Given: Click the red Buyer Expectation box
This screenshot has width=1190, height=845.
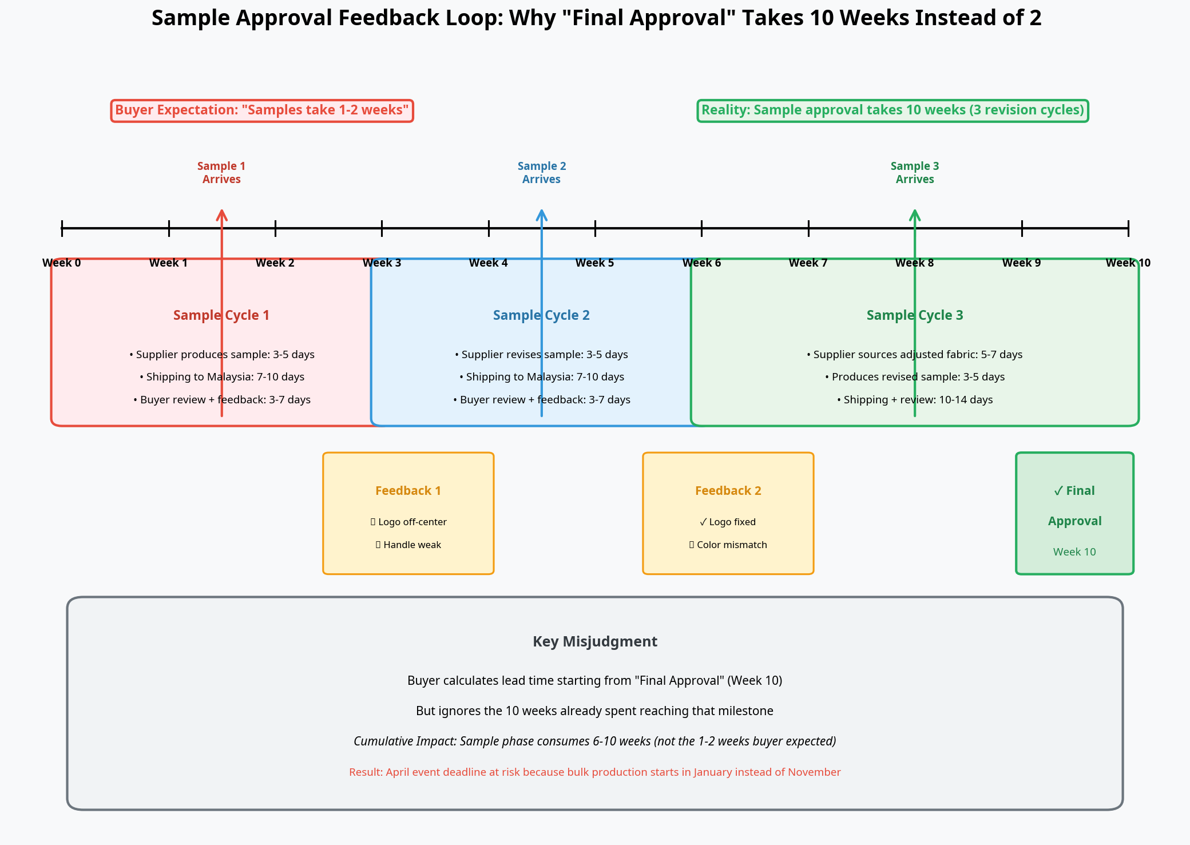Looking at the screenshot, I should [262, 110].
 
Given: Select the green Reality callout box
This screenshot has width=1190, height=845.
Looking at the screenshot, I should [892, 110].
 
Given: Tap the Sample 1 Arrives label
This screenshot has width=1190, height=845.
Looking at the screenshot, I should [221, 172].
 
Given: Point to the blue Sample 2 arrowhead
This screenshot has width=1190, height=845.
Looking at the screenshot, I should [542, 215].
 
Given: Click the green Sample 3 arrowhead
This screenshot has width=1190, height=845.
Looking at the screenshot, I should [915, 215].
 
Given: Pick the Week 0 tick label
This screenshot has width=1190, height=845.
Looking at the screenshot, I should [62, 263].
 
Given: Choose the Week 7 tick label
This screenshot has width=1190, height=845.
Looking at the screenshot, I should [808, 263].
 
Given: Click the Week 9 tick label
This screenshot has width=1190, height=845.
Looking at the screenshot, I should [1021, 263].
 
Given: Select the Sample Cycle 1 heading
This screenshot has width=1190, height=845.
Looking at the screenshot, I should [221, 315].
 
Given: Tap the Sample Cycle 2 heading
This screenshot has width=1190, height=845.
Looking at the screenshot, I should [541, 315].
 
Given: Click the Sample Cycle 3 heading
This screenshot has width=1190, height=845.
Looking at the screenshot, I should [915, 315].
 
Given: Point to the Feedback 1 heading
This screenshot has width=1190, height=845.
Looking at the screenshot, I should [408, 491].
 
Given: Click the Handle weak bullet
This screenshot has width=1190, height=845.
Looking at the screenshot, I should [408, 545].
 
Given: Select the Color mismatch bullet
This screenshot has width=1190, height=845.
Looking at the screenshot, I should [728, 545].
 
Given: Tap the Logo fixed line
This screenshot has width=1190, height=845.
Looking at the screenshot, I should [728, 522].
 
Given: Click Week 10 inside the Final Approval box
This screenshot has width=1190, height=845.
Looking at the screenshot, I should [1074, 552].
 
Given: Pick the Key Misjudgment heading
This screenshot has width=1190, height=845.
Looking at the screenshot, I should [595, 641].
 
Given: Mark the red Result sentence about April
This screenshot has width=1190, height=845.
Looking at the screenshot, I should [595, 772].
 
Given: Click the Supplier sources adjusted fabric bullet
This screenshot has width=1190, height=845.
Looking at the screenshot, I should [915, 355].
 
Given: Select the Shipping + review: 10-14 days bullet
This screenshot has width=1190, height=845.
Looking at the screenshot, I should [915, 400].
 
